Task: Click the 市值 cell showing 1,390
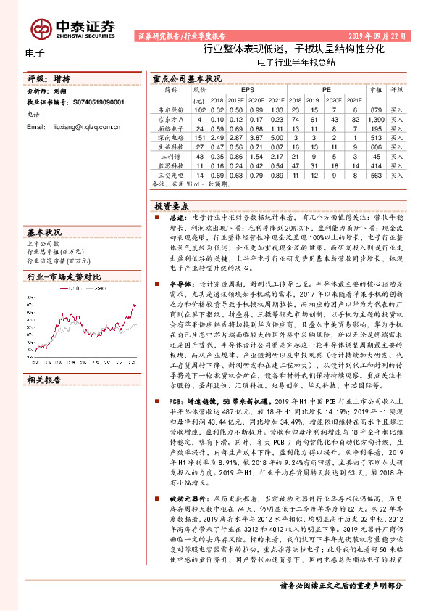(x=375, y=118)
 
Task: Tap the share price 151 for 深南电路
(x=201, y=136)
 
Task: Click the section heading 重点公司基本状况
(x=187, y=77)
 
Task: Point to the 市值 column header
(x=375, y=90)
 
